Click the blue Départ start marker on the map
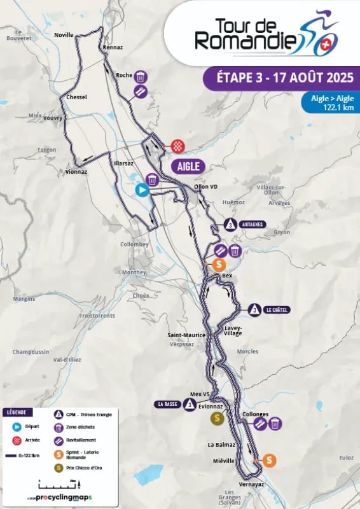[x=142, y=190]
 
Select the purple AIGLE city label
[x=188, y=167]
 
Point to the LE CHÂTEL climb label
[x=276, y=310]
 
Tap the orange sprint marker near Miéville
[x=270, y=460]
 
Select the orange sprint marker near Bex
[x=219, y=264]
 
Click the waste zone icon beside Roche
[x=141, y=76]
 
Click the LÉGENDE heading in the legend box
[x=18, y=412]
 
